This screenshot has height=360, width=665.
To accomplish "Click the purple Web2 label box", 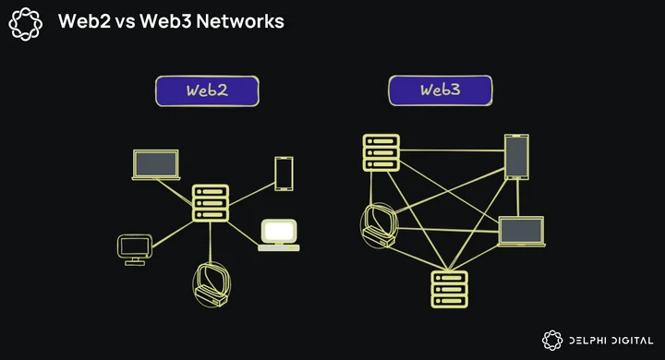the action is click(x=207, y=90).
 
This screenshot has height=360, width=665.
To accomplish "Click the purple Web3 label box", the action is click(x=441, y=90).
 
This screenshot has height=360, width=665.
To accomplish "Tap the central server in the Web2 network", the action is click(x=211, y=203).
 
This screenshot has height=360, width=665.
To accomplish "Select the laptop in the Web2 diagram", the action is click(x=156, y=164).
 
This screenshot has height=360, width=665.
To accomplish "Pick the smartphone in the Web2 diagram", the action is click(x=284, y=174).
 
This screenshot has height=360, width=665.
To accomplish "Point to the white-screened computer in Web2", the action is click(x=279, y=234).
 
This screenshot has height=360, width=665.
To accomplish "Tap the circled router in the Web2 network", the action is click(x=212, y=284).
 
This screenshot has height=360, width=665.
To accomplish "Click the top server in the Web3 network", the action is click(x=381, y=152).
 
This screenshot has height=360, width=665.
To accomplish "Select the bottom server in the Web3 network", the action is click(x=450, y=289).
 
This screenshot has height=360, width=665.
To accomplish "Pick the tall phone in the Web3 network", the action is click(x=516, y=157).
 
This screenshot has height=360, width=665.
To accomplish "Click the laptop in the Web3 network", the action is click(x=521, y=231).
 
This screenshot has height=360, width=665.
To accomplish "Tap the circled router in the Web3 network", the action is click(x=380, y=225).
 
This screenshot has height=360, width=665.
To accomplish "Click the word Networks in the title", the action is click(x=240, y=21).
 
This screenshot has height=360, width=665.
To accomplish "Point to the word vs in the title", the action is click(x=125, y=22).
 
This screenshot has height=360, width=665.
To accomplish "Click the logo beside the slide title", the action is click(x=26, y=24).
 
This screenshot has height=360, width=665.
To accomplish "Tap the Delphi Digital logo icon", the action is click(x=552, y=340).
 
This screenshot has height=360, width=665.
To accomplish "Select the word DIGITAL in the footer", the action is click(x=631, y=341).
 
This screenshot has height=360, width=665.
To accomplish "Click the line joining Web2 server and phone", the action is click(x=252, y=194).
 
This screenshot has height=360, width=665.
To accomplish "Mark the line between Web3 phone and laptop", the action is click(x=518, y=198).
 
